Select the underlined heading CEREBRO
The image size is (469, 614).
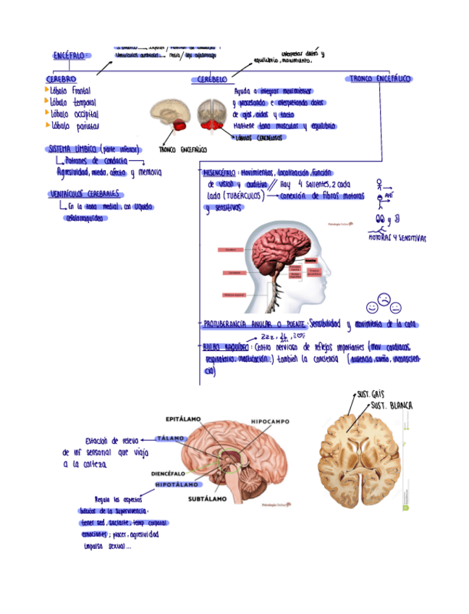point(61,79)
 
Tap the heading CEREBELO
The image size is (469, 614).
point(211,79)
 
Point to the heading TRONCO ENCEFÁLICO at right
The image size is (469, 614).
point(379,77)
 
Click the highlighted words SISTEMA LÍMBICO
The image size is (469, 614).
point(72,149)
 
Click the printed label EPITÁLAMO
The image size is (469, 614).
point(184,419)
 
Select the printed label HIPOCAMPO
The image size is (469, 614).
point(269,421)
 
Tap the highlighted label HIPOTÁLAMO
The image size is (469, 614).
point(177,484)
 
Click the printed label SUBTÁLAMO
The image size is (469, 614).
point(207,498)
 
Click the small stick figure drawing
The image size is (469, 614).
point(379,193)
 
